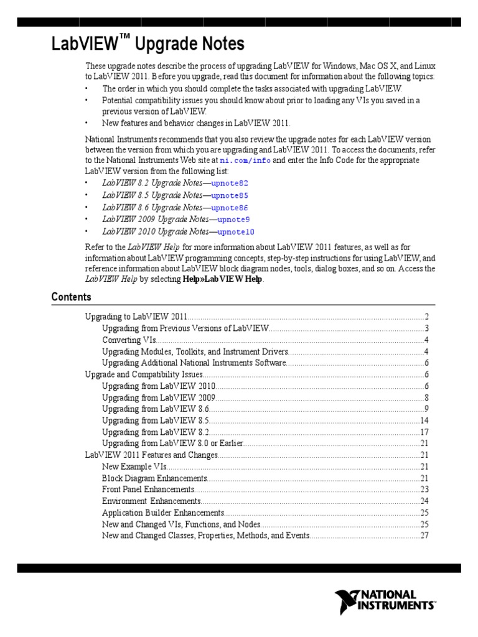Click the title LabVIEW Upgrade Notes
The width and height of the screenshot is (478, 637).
click(x=148, y=45)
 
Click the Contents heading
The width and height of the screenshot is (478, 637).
click(x=71, y=297)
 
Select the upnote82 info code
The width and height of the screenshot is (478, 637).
click(x=230, y=184)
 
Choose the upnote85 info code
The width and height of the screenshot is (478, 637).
click(x=230, y=195)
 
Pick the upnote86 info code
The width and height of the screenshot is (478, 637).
click(x=230, y=208)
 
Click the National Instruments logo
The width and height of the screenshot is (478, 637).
click(x=385, y=602)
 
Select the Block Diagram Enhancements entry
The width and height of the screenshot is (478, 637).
click(x=154, y=478)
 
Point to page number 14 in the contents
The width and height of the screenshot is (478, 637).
click(x=425, y=421)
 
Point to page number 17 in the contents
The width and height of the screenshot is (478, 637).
click(x=425, y=432)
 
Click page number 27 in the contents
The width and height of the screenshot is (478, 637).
click(x=425, y=536)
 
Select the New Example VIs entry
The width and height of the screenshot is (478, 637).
click(x=134, y=467)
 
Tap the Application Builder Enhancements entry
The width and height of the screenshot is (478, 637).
click(x=163, y=513)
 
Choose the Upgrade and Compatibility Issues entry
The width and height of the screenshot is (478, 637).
click(x=144, y=374)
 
